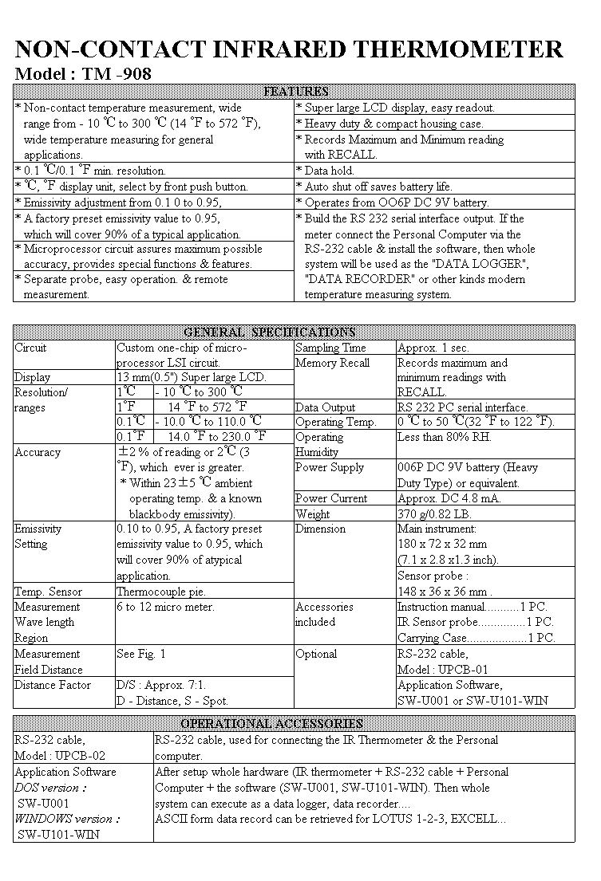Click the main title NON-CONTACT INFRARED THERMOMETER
tap(289, 49)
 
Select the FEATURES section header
tap(295, 92)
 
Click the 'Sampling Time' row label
tap(330, 348)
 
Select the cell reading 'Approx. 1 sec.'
tap(433, 348)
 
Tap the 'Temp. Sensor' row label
tap(48, 592)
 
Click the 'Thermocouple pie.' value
tap(161, 592)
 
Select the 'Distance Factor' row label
tap(53, 685)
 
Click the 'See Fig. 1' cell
tap(141, 654)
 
